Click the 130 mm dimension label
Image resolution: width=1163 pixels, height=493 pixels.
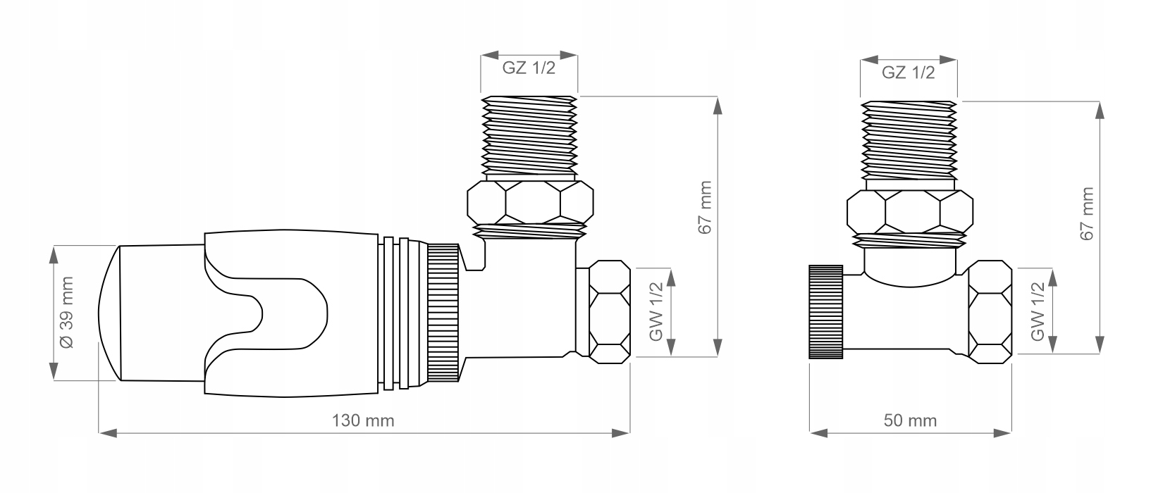tap(363, 421)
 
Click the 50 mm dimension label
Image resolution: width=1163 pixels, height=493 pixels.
tap(910, 421)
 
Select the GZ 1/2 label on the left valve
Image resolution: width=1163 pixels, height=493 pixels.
tap(529, 68)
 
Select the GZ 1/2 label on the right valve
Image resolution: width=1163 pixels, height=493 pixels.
tap(908, 73)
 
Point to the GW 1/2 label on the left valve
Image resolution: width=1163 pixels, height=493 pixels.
tap(656, 312)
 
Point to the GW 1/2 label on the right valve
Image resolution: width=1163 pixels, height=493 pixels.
tap(1037, 312)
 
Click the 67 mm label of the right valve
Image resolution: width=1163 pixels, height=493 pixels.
tap(1086, 213)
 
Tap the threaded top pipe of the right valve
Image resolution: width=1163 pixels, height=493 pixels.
tap(909, 139)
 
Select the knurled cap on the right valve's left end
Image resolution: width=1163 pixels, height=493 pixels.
tap(826, 312)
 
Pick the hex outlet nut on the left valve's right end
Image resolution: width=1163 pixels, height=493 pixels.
tap(608, 312)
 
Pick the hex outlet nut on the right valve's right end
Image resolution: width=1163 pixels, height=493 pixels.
tap(989, 312)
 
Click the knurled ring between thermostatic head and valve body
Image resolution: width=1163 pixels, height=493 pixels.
tap(443, 313)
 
